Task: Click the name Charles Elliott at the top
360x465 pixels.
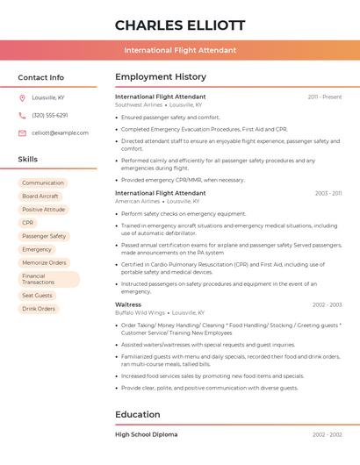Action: click(179, 25)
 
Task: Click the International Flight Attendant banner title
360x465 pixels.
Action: click(179, 50)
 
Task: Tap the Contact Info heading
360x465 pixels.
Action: click(40, 77)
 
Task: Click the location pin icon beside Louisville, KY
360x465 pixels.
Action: click(22, 97)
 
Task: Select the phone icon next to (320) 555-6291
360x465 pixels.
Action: click(22, 115)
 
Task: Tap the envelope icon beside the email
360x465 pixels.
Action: click(22, 132)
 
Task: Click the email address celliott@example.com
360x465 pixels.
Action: click(60, 132)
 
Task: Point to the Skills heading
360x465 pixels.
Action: click(27, 159)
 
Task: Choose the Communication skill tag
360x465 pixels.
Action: click(43, 183)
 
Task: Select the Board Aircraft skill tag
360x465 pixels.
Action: click(40, 197)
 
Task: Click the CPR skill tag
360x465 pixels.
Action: click(28, 223)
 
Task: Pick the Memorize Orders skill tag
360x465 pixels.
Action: click(44, 262)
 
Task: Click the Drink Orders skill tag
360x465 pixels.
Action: click(39, 309)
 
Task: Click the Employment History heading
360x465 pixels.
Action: click(161, 77)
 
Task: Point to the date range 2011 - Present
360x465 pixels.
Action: click(324, 97)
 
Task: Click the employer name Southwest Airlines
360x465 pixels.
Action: click(139, 104)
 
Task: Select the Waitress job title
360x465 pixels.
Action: click(128, 304)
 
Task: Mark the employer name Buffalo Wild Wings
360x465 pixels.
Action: click(140, 312)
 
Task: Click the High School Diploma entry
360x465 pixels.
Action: click(146, 434)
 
